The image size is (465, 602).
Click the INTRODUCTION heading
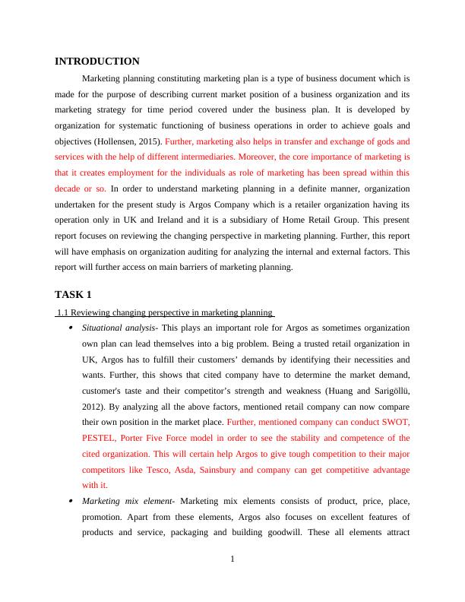(97, 62)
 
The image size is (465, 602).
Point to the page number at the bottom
(232, 560)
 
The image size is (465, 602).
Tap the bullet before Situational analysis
(71, 328)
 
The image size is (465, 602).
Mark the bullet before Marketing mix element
(71, 502)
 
